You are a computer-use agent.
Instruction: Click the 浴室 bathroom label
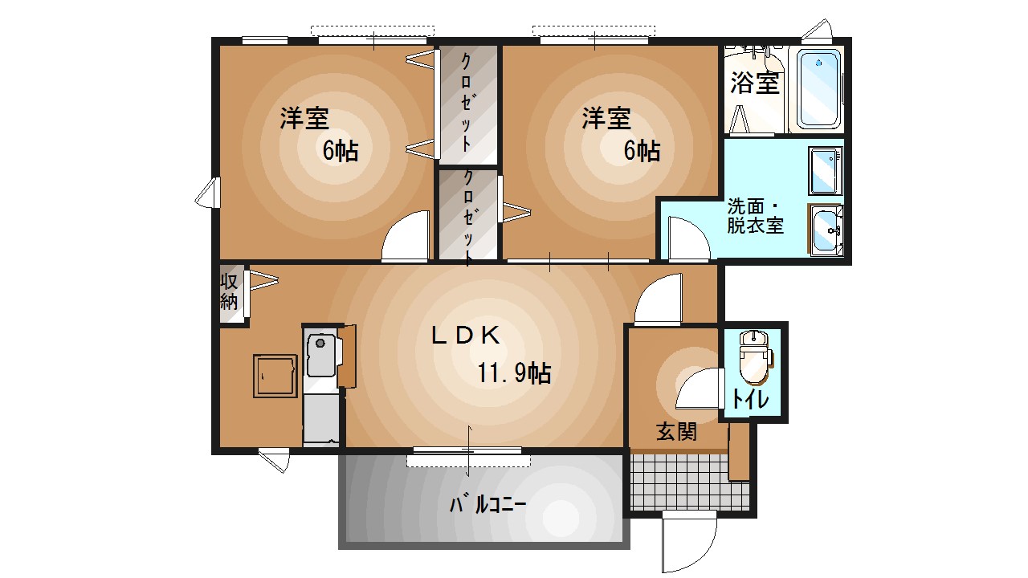[755, 83]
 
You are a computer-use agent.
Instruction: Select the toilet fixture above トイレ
[753, 356]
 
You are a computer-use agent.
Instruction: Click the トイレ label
[750, 399]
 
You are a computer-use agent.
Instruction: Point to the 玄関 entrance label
[676, 432]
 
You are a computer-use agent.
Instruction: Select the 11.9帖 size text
[514, 372]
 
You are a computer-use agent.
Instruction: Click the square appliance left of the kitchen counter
[275, 375]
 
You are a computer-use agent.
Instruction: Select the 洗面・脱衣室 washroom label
[755, 215]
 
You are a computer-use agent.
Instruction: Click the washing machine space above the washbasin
[825, 171]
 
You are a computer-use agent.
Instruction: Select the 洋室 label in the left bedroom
[304, 119]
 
